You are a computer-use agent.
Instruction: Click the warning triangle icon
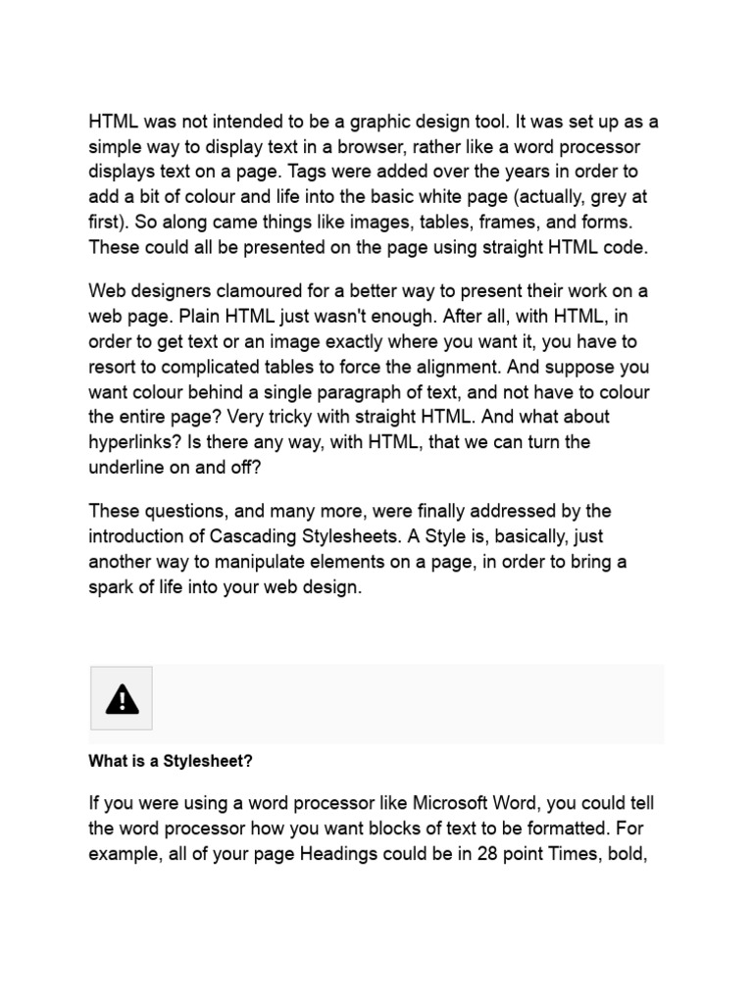point(122,698)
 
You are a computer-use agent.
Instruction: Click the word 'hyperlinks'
point(131,442)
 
